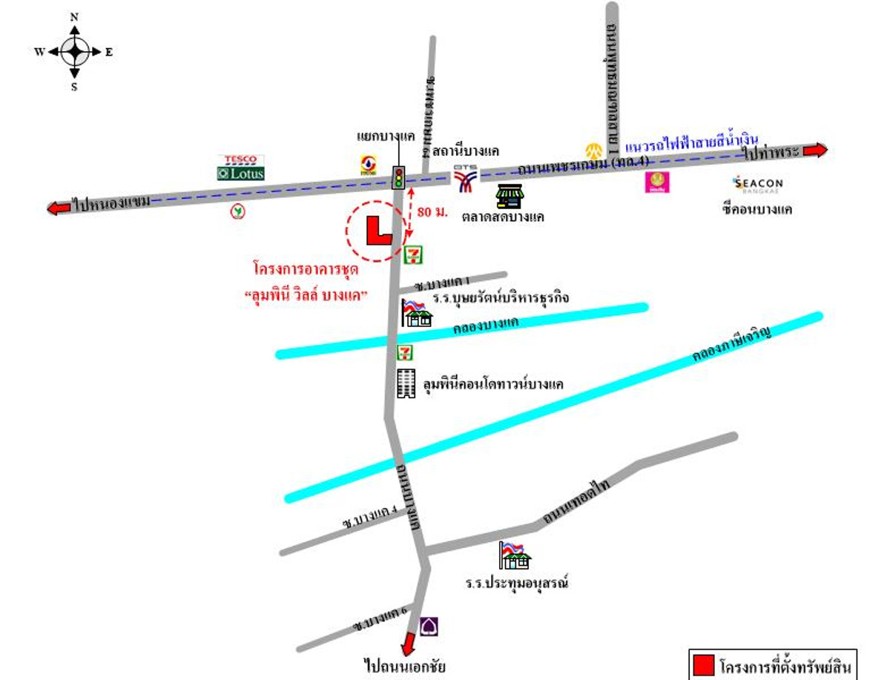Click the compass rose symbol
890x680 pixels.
pos(74,52)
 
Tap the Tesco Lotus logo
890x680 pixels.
pos(241,168)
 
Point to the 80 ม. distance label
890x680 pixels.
pos(432,212)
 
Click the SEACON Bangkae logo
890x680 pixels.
pos(757,183)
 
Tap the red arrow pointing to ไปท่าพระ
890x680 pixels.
pos(814,150)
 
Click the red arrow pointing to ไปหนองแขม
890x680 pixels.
pos(59,208)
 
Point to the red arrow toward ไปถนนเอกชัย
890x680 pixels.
pos(407,641)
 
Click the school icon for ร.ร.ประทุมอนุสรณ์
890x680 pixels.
pos(515,555)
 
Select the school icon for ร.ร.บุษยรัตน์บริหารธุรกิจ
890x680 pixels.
pos(416,313)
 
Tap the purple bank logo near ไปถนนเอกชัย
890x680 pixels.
pos(429,627)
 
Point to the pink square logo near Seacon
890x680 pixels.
pos(656,182)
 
